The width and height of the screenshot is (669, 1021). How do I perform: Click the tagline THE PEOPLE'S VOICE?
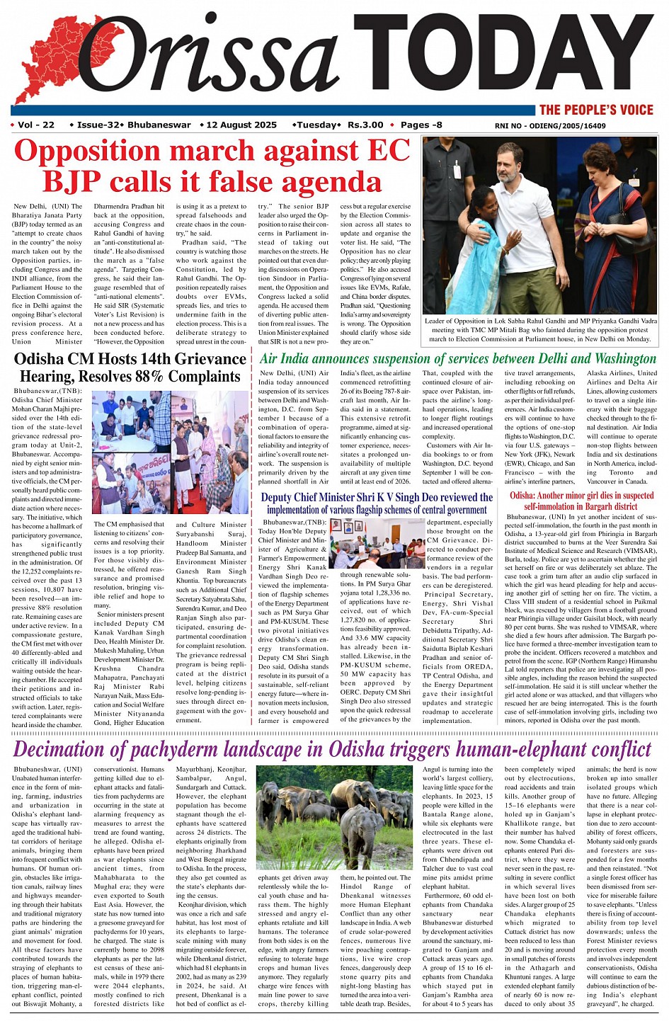tap(596, 109)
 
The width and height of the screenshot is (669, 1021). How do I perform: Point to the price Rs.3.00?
tap(365, 125)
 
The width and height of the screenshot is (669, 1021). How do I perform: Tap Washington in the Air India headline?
tap(619, 359)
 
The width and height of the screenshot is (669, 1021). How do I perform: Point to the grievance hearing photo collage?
tap(170, 452)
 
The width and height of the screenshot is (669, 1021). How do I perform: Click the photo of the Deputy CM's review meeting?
tap(377, 543)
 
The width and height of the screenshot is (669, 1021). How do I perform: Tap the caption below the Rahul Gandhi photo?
tap(539, 330)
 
